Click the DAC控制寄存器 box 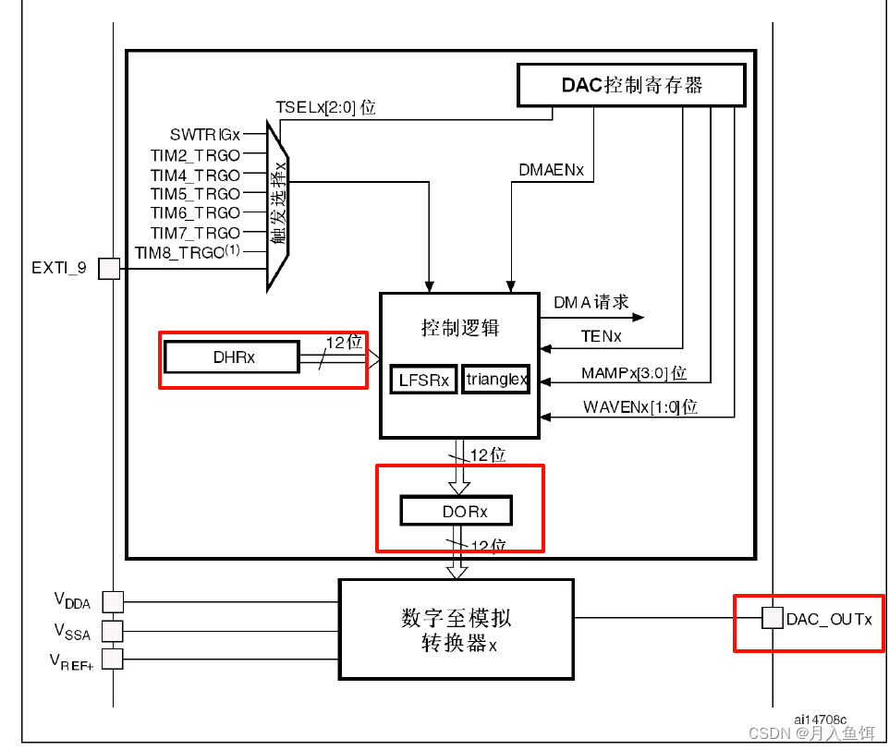pos(631,85)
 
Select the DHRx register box pos(232,357)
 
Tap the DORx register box pos(456,511)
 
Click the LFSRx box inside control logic pos(423,380)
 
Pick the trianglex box pos(496,379)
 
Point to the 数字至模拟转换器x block pos(456,630)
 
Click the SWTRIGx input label pos(204,135)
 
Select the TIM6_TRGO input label pos(195,212)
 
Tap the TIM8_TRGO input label pos(187,251)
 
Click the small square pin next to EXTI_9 pos(109,269)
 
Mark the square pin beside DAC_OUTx pos(770,618)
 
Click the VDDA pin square pos(111,601)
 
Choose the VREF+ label pos(71,660)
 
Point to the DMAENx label pos(552,170)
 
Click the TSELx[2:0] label pos(325,107)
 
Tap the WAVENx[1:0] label pos(639,407)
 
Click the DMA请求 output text pos(591,302)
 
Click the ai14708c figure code pos(820,718)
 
